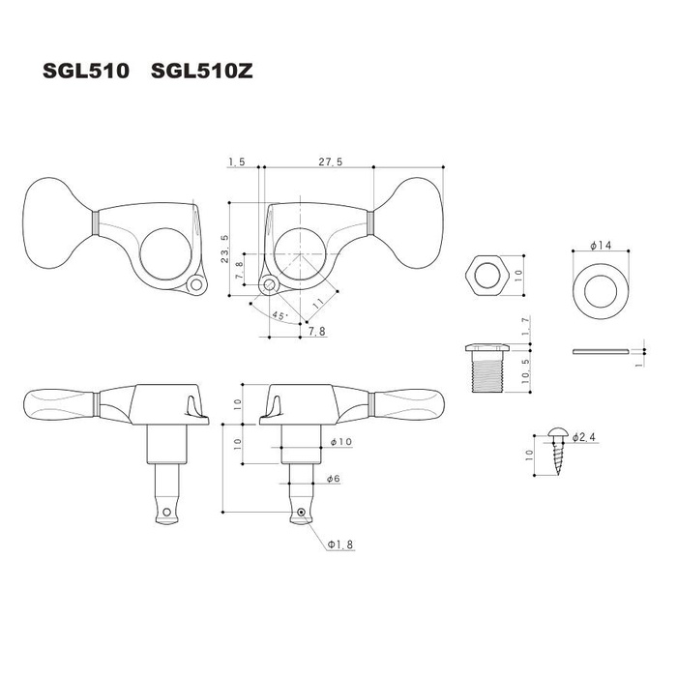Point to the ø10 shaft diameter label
[x=339, y=442]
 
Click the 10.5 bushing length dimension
[x=524, y=372]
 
